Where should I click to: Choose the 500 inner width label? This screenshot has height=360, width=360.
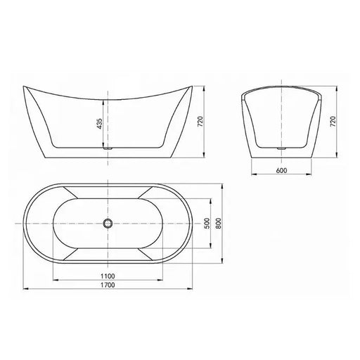207,222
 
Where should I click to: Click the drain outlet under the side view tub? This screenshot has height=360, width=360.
108,148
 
